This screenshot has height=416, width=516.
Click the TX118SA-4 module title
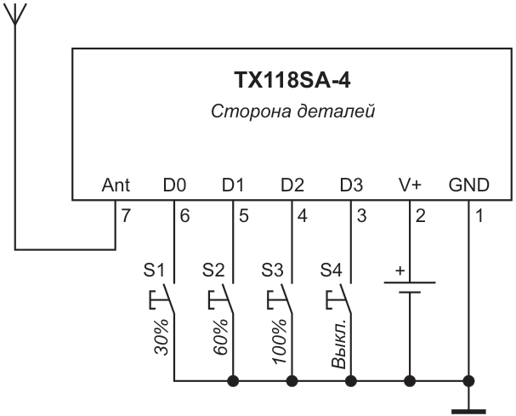point(292,80)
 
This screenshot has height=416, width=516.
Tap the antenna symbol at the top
point(14,14)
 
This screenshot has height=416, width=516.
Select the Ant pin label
point(116,185)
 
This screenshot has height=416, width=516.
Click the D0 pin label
point(174,185)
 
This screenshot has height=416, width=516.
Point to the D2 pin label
point(292,185)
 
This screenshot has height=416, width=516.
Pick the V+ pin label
point(410,185)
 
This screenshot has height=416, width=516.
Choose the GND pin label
point(469,185)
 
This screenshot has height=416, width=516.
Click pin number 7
point(126,216)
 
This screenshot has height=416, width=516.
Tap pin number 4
point(303,216)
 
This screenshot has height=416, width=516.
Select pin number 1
point(479,216)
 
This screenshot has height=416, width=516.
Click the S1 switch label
point(154,270)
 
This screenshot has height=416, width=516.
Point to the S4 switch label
point(332,270)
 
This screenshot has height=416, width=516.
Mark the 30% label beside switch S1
point(162,337)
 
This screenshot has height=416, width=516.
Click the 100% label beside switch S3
point(280,341)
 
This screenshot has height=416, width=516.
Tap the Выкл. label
point(338,343)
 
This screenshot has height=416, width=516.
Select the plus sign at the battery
point(400,271)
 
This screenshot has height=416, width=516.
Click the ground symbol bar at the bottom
point(468,412)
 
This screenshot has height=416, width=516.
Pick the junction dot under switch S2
point(233,381)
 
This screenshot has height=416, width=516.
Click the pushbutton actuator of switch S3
point(276,300)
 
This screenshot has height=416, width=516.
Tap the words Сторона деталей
point(293,111)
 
